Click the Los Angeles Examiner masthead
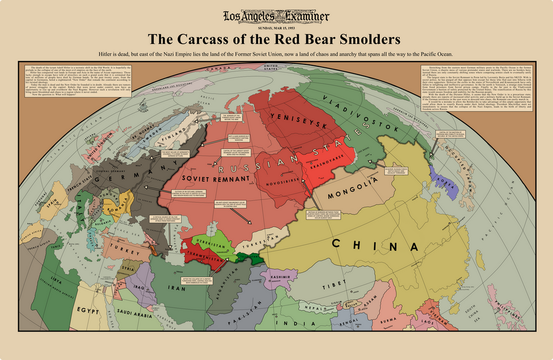[276, 17]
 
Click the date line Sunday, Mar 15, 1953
[276, 28]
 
